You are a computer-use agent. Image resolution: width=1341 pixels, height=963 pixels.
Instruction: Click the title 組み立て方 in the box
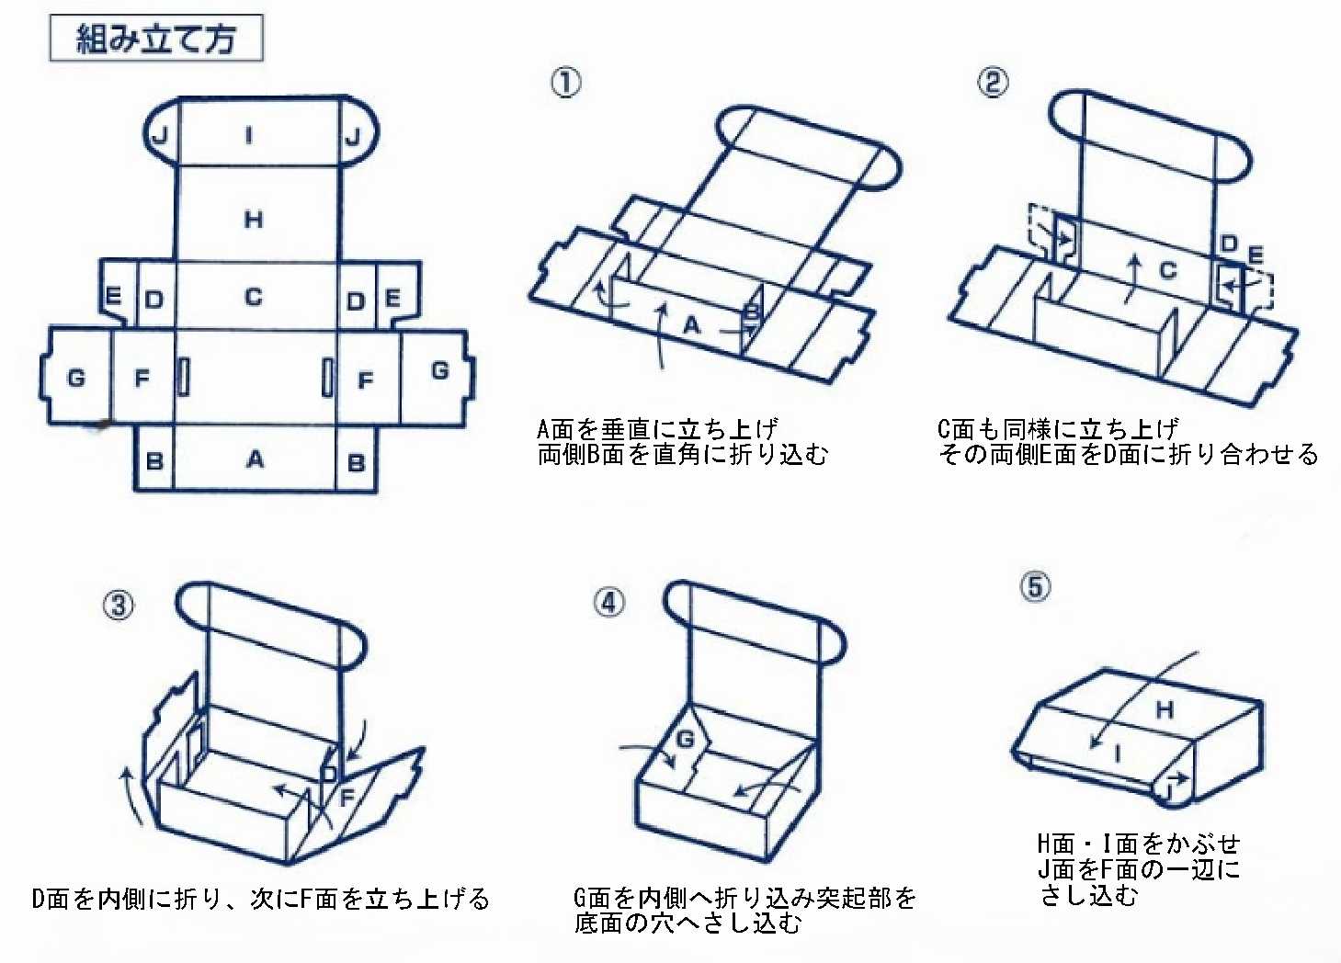[x=155, y=39]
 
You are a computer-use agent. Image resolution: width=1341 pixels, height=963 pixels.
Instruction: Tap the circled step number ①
[x=565, y=83]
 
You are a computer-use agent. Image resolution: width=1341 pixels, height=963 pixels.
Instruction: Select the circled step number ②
[x=992, y=83]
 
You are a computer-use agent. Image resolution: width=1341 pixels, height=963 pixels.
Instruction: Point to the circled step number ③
[x=118, y=606]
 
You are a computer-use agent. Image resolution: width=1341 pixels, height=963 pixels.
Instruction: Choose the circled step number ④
[x=608, y=603]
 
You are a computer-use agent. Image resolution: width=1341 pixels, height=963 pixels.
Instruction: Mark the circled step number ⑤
[x=1035, y=586]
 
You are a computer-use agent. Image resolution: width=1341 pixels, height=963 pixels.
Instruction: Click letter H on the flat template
[x=254, y=219]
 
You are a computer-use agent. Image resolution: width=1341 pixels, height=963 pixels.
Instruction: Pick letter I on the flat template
[x=249, y=136]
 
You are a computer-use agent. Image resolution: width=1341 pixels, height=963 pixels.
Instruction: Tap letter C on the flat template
[x=254, y=297]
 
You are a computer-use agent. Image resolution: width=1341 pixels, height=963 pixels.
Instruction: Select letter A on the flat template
[x=255, y=459]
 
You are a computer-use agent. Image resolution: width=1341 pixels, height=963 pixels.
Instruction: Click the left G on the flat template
[x=76, y=377]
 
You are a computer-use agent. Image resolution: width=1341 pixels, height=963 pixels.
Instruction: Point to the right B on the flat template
[x=357, y=462]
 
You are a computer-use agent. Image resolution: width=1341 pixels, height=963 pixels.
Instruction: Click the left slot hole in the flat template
[x=184, y=377]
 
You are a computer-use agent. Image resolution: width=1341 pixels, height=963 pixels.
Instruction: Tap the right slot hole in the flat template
[x=327, y=377]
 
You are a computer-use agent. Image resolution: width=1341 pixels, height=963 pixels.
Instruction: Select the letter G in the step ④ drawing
[x=686, y=739]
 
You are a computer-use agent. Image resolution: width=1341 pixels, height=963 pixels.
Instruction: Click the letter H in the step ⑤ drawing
[x=1165, y=709]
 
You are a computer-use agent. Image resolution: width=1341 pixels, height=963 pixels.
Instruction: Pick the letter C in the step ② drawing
[x=1167, y=270]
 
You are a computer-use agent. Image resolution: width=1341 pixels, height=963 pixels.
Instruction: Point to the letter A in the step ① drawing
[x=693, y=323]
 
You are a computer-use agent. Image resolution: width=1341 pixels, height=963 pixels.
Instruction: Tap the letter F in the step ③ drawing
[x=347, y=797]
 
